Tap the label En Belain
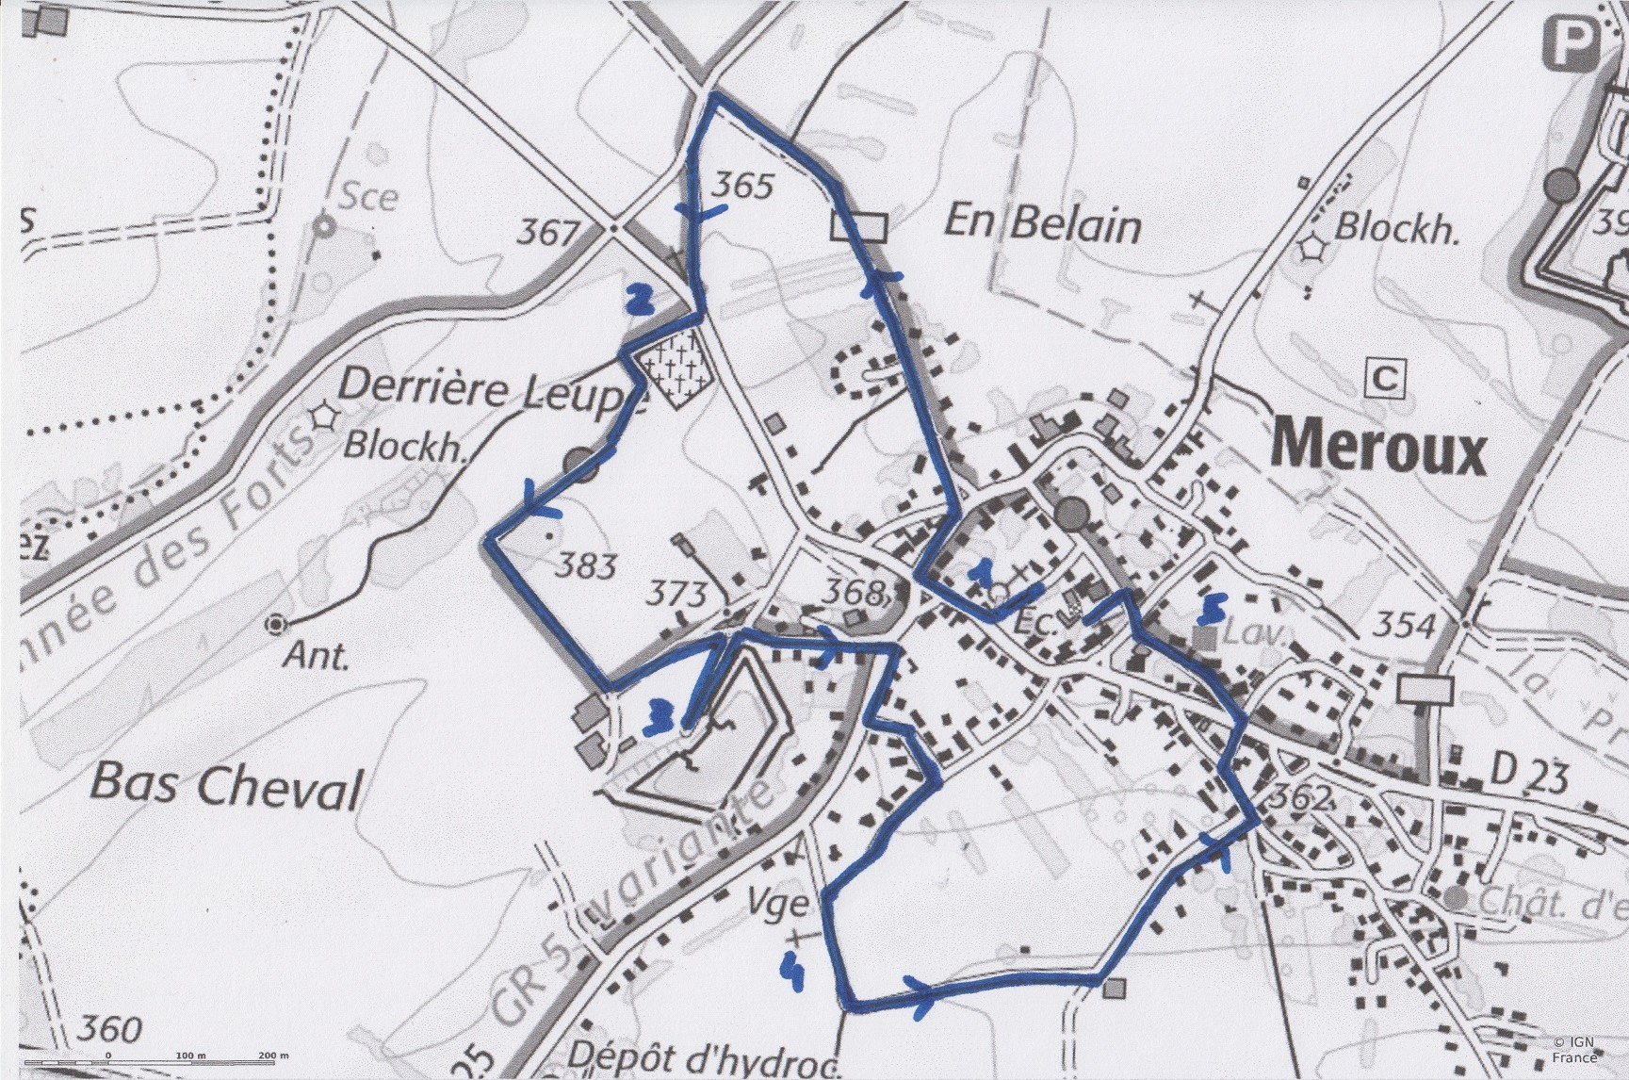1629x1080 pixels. coord(1042,225)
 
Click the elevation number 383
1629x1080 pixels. coord(584,565)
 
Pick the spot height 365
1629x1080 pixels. coord(741,185)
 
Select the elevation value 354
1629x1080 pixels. coord(1403,624)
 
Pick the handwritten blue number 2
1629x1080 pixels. coord(640,299)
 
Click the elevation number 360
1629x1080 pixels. coord(111,1027)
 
